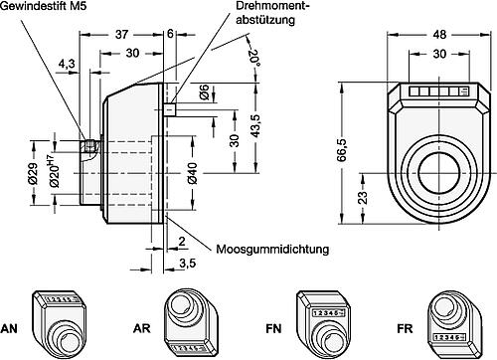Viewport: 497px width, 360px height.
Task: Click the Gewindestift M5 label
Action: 43,6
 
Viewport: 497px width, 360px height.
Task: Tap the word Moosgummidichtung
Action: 272,249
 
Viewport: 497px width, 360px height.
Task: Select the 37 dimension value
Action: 121,34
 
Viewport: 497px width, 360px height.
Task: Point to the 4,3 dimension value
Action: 67,64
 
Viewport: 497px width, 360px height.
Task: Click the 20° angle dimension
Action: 254,58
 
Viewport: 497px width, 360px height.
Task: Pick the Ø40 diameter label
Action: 192,173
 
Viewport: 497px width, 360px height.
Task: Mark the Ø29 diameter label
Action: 33,173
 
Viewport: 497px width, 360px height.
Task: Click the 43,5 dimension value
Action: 255,125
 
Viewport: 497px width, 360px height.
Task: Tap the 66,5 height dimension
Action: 341,150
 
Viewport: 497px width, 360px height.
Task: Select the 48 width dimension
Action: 439,35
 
